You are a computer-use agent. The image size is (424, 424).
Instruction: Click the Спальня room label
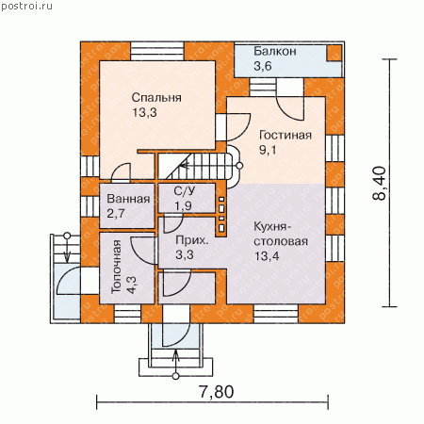[156, 98]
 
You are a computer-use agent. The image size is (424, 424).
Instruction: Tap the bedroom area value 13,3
[144, 112]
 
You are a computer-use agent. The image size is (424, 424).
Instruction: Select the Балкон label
[275, 51]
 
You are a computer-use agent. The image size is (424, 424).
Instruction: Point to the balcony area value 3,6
[263, 66]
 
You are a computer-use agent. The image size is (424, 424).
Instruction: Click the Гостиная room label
[285, 135]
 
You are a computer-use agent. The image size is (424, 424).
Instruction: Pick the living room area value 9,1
[268, 150]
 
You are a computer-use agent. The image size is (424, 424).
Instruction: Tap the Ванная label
[128, 199]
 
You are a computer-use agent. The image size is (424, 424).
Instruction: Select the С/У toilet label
[185, 190]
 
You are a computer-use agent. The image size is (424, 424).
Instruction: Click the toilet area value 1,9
[183, 205]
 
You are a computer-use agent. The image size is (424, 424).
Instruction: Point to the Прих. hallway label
[191, 240]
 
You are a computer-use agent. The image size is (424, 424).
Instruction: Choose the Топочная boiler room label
[117, 267]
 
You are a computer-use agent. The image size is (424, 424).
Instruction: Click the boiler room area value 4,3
[132, 285]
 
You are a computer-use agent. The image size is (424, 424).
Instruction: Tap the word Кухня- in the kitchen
[270, 226]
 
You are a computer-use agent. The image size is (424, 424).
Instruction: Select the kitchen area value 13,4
[267, 256]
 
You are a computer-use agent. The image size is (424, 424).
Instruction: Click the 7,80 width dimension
[217, 392]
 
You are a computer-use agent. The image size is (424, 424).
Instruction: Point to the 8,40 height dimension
[379, 183]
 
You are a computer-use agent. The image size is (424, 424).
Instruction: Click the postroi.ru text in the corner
[26, 7]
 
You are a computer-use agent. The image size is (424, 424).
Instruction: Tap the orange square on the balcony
[334, 53]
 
